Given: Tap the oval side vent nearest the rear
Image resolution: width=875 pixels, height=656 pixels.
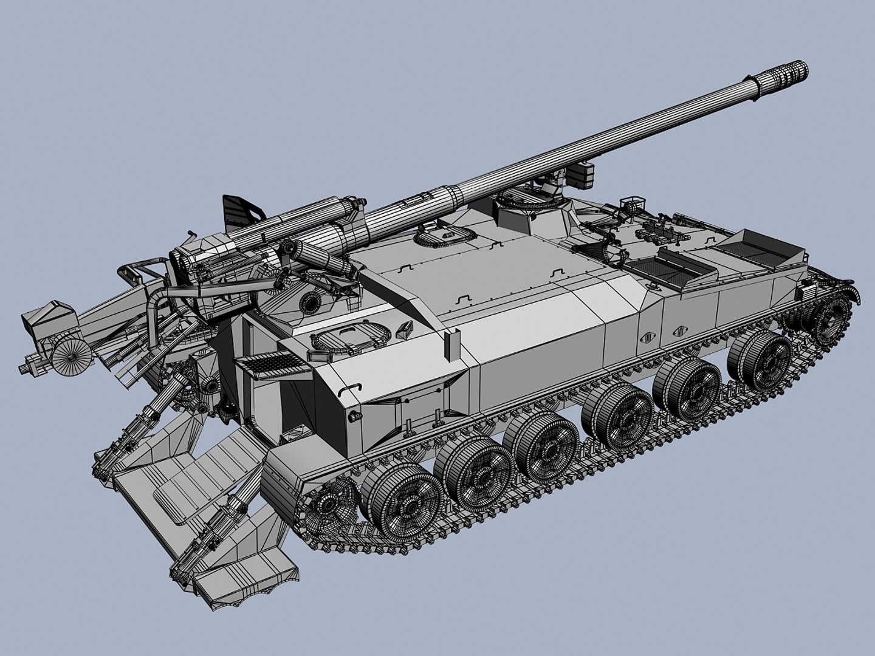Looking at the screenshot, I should click(649, 337).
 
